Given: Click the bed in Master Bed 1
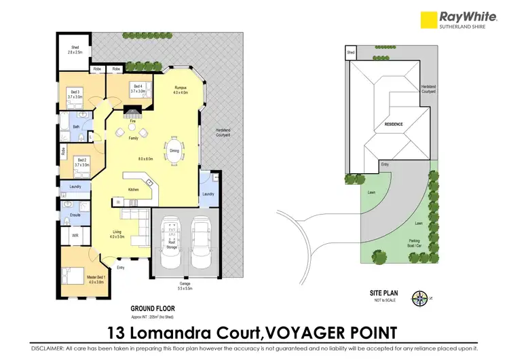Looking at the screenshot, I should (71, 276).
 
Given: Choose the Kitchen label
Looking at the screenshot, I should (132, 190).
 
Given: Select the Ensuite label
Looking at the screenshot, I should (75, 215).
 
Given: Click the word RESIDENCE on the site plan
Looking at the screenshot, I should (394, 124).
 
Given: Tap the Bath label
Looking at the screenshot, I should (76, 126).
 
